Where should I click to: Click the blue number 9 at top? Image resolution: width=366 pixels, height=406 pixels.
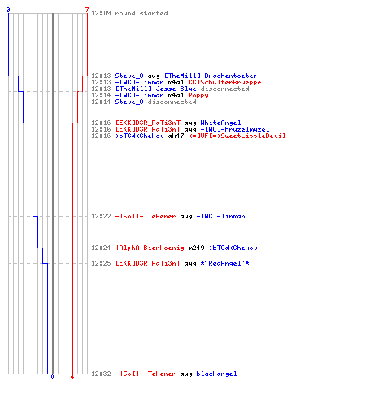[x=8, y=10]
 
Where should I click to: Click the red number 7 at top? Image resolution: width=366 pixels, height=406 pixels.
[x=87, y=10]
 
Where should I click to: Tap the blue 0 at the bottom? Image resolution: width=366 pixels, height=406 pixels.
[x=52, y=377]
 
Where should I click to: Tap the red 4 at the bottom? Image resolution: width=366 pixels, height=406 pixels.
[x=72, y=377]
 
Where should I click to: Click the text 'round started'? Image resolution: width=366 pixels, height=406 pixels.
[x=142, y=13]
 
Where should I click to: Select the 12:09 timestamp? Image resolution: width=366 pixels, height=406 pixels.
[x=101, y=13]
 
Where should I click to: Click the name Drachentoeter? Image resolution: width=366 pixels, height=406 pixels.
[x=231, y=76]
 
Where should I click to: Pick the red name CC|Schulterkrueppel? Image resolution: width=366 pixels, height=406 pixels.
[x=227, y=82]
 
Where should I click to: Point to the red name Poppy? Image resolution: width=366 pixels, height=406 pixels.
[x=198, y=95]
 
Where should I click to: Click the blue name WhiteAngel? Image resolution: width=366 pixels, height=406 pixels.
[x=220, y=123]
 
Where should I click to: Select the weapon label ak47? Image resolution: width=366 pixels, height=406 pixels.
[x=176, y=136]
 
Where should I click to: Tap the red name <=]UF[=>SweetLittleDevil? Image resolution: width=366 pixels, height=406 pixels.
[x=237, y=136]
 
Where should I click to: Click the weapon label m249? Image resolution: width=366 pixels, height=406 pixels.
[x=196, y=248]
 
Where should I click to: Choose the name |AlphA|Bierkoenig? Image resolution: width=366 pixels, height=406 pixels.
[x=150, y=248]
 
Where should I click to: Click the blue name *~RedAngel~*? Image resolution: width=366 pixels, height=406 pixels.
[x=224, y=263]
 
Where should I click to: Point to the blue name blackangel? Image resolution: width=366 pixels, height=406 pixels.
[x=216, y=374]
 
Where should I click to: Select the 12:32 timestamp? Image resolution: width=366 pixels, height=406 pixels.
[x=101, y=374]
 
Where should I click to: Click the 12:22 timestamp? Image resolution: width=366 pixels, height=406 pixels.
[x=101, y=216]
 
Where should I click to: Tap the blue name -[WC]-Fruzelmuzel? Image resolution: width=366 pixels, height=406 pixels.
[x=235, y=129]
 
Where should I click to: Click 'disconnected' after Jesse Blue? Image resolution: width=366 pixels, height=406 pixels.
[x=224, y=89]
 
